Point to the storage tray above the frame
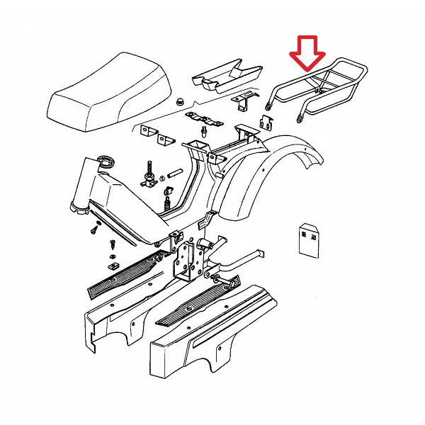coord(226,76)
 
